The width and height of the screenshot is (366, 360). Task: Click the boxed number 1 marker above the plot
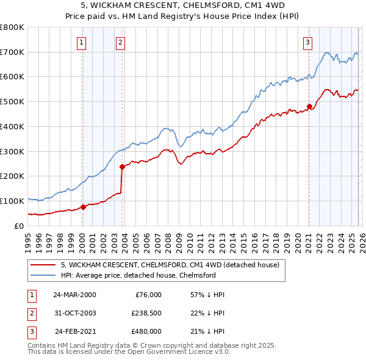click(x=82, y=42)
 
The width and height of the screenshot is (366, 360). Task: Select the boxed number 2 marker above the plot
click(x=121, y=42)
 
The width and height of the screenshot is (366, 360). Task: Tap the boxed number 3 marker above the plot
click(x=308, y=42)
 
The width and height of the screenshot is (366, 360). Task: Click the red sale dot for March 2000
click(x=84, y=206)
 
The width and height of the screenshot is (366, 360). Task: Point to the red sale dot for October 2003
click(x=123, y=166)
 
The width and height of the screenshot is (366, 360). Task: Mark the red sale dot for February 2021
click(x=309, y=106)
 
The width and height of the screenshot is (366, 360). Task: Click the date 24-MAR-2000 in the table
click(x=74, y=294)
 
